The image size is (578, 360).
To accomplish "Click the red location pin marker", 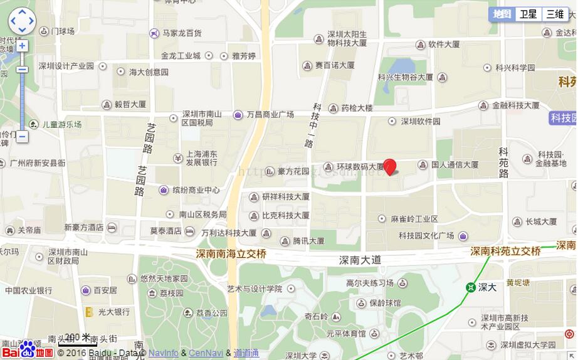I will [x=390, y=166].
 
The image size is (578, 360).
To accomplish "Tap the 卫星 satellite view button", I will [x=528, y=14].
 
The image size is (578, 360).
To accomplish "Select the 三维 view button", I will [x=555, y=14].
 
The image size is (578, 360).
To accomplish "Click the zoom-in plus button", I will [x=22, y=46].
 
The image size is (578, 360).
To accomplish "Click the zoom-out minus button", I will [x=22, y=136].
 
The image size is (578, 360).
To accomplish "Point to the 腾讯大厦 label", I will [x=308, y=240].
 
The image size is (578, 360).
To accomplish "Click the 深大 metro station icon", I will [x=470, y=287].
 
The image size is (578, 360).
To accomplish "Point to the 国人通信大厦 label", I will [x=455, y=165].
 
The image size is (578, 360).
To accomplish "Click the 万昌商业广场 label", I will [x=270, y=115].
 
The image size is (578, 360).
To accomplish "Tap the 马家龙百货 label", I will [x=182, y=33].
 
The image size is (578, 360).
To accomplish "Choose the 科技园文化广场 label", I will [x=426, y=236].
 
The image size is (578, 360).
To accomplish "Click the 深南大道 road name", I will [x=360, y=260].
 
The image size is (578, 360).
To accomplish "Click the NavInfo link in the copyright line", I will [x=163, y=353].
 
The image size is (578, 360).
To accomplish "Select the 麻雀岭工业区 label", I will [x=414, y=219].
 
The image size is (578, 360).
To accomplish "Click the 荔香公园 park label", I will [x=211, y=313].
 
